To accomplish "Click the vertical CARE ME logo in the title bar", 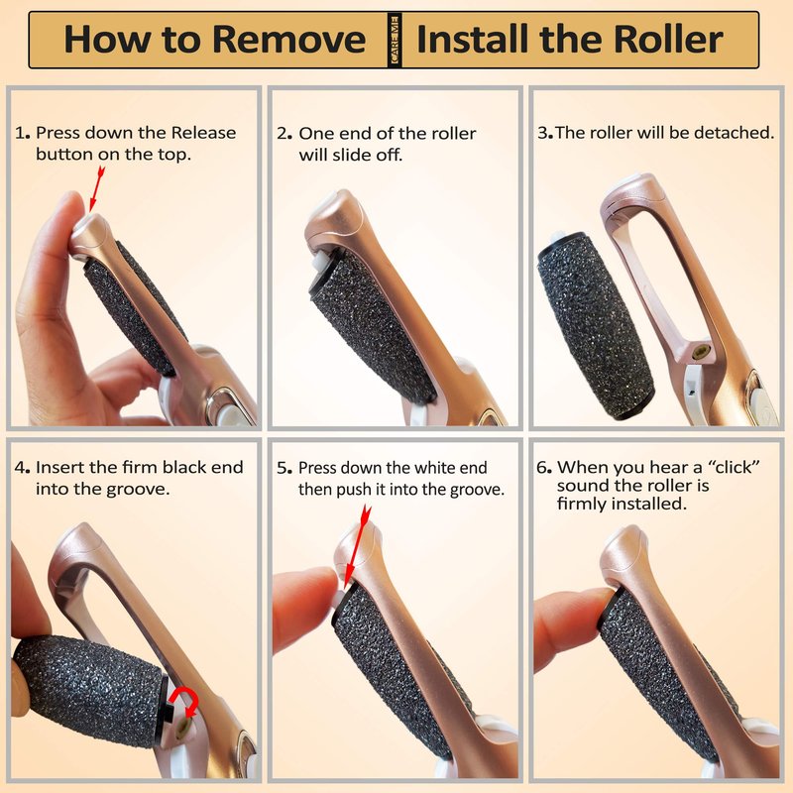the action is click(x=395, y=40).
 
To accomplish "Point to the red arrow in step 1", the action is click(x=96, y=189).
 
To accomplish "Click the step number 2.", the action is click(x=284, y=134).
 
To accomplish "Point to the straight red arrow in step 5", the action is click(x=356, y=548).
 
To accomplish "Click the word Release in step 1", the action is click(x=203, y=133).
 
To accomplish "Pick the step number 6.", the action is click(x=543, y=467).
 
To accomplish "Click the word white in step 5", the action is click(x=410, y=468).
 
